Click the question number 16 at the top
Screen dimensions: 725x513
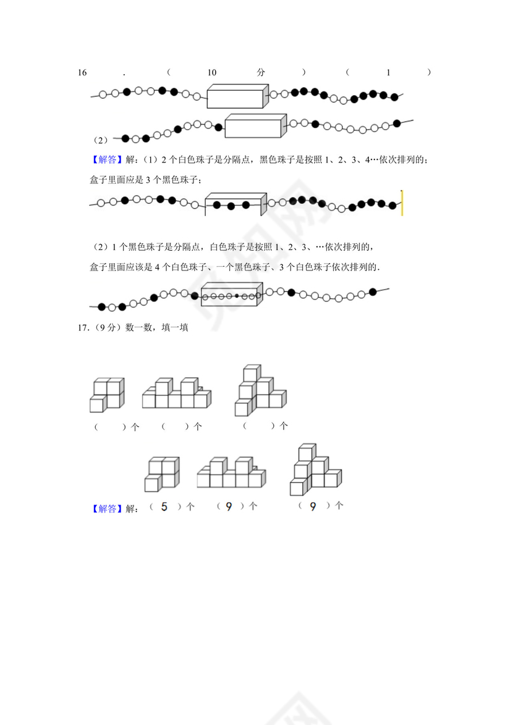[x=82, y=73]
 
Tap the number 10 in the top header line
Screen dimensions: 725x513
[x=212, y=73]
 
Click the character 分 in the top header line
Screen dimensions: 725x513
[x=261, y=73]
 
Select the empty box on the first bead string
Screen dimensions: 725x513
[x=236, y=98]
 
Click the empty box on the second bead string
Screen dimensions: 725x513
[x=254, y=127]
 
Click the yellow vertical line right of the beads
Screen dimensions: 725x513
[x=402, y=203]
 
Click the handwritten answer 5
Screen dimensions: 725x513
[x=164, y=507]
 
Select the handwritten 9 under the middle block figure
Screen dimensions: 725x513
[x=229, y=507]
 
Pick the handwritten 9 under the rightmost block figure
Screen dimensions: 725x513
[x=313, y=507]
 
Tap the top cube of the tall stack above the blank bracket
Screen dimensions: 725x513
[x=251, y=374]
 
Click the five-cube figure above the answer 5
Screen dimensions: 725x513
[x=162, y=474]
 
